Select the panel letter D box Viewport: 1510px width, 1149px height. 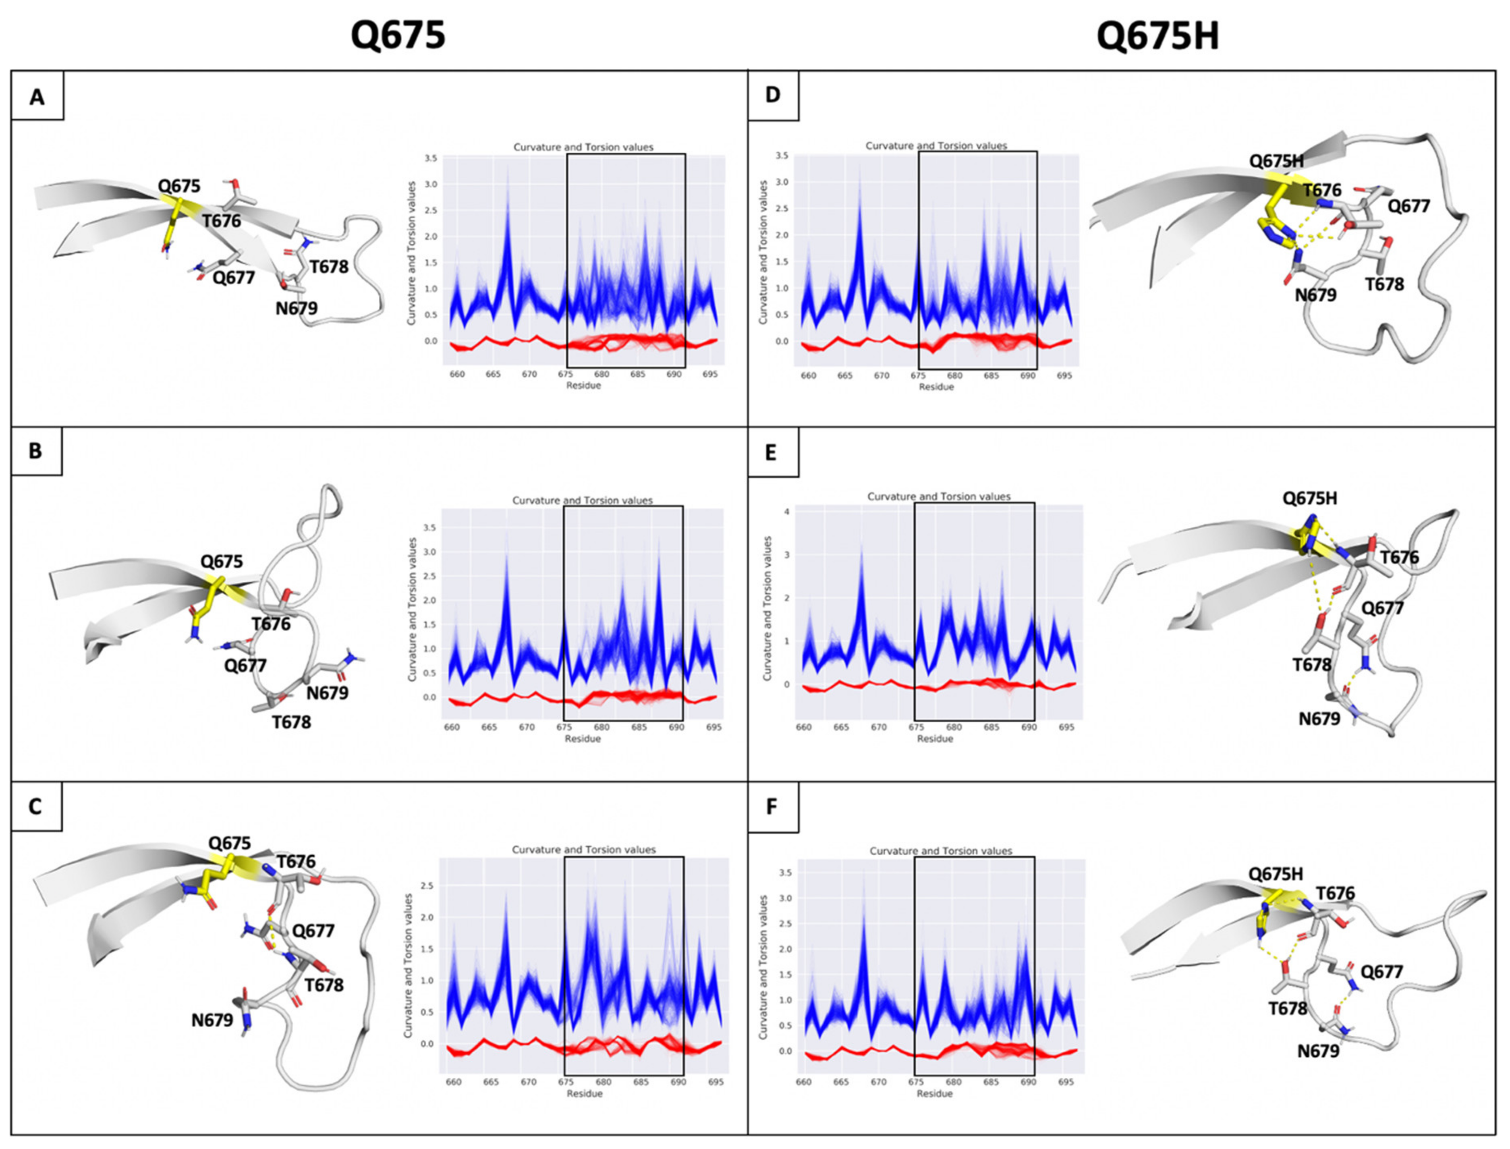coord(773,94)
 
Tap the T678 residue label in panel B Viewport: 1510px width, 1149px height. coord(291,722)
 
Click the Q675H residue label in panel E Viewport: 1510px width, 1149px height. coord(1310,499)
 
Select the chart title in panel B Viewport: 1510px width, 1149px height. coord(583,501)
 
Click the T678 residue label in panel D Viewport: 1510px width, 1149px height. coord(1384,284)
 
